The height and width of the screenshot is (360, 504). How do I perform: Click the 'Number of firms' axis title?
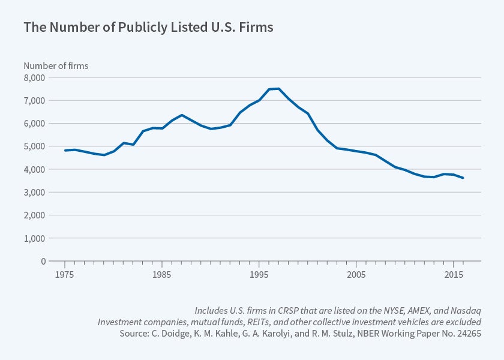pyautogui.click(x=56, y=65)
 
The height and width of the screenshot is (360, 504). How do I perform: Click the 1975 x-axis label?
pyautogui.click(x=64, y=274)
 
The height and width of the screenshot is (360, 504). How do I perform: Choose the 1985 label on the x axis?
pyautogui.click(x=161, y=274)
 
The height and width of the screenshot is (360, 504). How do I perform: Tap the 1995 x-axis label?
pyautogui.click(x=259, y=274)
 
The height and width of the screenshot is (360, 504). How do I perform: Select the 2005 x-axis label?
pyautogui.click(x=356, y=274)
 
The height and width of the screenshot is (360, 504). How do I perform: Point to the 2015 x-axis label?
pyautogui.click(x=454, y=274)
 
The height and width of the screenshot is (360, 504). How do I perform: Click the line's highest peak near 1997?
pyautogui.click(x=278, y=89)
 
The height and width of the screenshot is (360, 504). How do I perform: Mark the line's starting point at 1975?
pyautogui.click(x=65, y=151)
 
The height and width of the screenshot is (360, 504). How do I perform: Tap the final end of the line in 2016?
pyautogui.click(x=463, y=178)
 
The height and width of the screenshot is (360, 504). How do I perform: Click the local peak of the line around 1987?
pyautogui.click(x=181, y=115)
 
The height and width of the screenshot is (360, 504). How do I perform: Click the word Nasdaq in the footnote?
pyautogui.click(x=468, y=310)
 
